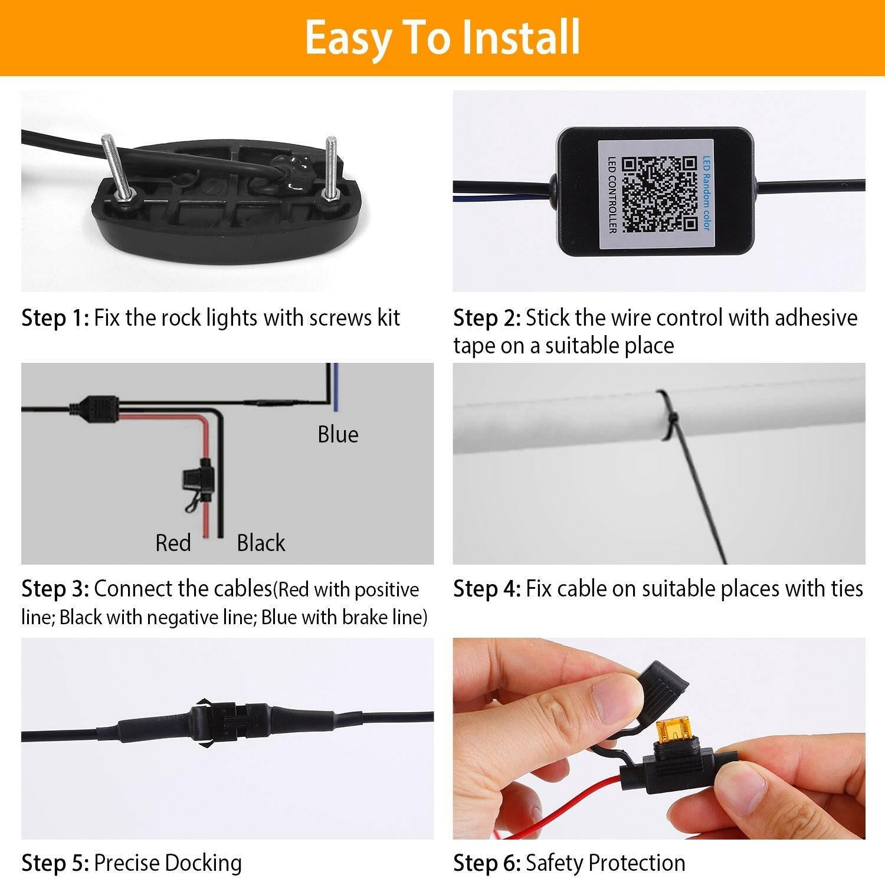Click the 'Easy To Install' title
coord(442,37)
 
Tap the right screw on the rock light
coord(332,168)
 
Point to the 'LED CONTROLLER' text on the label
coord(612,194)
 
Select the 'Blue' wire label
coord(337,434)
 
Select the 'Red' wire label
coord(173,543)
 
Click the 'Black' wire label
coord(261,543)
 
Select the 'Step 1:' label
coord(55,318)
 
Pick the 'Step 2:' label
coord(487,318)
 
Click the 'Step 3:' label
coord(55,589)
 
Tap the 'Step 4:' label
coord(487,589)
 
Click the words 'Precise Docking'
coord(168,863)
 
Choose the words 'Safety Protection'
coord(605,863)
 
